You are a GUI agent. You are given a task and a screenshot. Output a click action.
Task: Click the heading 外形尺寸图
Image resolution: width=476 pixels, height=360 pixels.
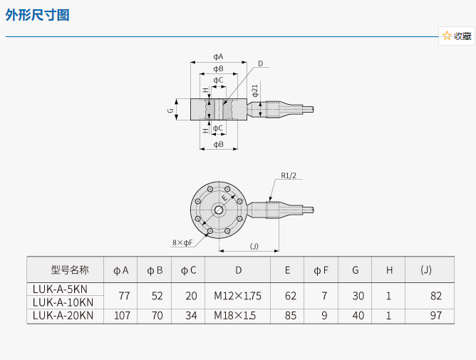click(38, 14)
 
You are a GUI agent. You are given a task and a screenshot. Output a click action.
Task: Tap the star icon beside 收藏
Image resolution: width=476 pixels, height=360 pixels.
click(447, 36)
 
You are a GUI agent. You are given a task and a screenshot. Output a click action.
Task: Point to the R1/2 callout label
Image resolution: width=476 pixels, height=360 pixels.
click(289, 175)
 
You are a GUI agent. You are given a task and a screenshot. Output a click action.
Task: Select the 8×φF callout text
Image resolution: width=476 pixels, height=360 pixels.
click(182, 242)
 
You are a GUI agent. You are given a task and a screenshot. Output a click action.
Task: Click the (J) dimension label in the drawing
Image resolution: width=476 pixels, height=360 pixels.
click(254, 246)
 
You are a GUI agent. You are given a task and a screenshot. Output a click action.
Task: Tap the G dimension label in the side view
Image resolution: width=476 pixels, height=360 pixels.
click(170, 110)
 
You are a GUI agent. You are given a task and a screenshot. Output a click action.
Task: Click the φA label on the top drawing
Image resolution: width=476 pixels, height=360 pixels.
click(218, 56)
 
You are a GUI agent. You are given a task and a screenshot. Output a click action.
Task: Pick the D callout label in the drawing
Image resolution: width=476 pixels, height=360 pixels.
click(260, 64)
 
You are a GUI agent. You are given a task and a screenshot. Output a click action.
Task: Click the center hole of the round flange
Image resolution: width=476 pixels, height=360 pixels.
click(218, 210)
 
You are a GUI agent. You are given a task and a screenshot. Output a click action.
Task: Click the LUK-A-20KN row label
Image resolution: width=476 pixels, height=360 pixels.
click(63, 315)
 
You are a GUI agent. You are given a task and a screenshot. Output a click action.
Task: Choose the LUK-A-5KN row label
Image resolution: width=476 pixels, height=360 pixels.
click(61, 289)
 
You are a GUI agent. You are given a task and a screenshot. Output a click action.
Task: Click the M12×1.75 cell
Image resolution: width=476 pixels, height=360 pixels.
click(238, 296)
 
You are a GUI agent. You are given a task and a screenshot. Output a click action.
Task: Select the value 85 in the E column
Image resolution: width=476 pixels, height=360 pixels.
click(287, 315)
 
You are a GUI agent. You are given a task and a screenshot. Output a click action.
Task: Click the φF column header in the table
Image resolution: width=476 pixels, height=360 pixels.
click(321, 270)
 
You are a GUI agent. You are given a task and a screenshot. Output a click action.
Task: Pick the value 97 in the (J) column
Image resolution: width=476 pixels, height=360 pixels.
click(436, 315)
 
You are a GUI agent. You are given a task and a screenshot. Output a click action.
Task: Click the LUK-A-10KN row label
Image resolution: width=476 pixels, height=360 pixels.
click(63, 302)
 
